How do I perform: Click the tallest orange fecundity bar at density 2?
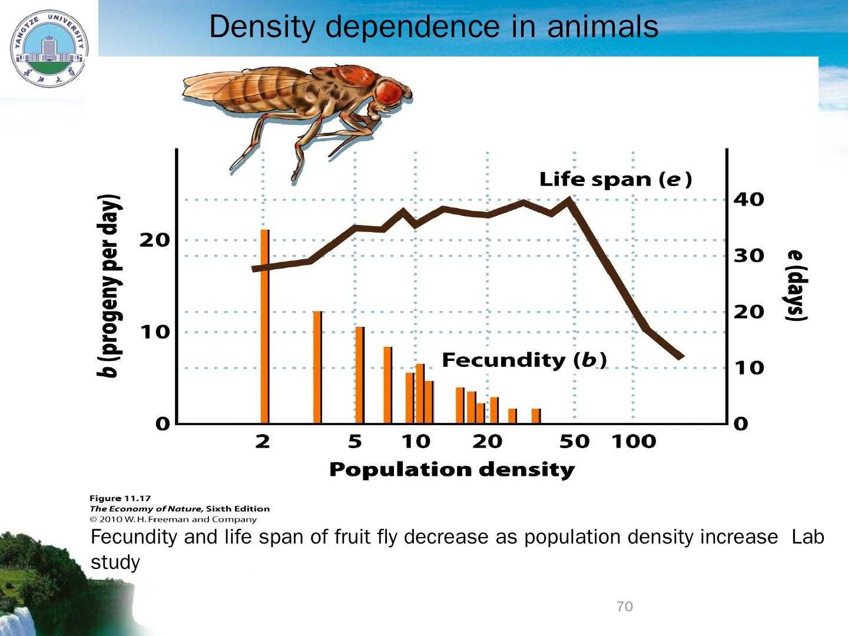[265, 327]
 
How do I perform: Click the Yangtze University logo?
[49, 49]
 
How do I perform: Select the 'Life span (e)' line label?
[615, 180]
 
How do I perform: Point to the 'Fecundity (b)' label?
[524, 360]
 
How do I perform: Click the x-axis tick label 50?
[574, 442]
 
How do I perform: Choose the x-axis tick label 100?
[634, 442]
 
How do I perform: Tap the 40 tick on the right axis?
[748, 200]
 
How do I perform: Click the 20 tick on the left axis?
[154, 240]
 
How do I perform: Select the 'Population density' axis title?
[452, 470]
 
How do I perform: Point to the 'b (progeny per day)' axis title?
[110, 285]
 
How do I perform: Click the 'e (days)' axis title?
[794, 285]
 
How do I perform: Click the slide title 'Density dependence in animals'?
[433, 27]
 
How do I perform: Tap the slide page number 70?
[624, 607]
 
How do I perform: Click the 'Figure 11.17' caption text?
[120, 498]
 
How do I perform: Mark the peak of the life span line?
[569, 199]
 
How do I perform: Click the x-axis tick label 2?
[263, 442]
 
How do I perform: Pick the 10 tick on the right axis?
[748, 369]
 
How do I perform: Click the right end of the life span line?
[681, 357]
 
